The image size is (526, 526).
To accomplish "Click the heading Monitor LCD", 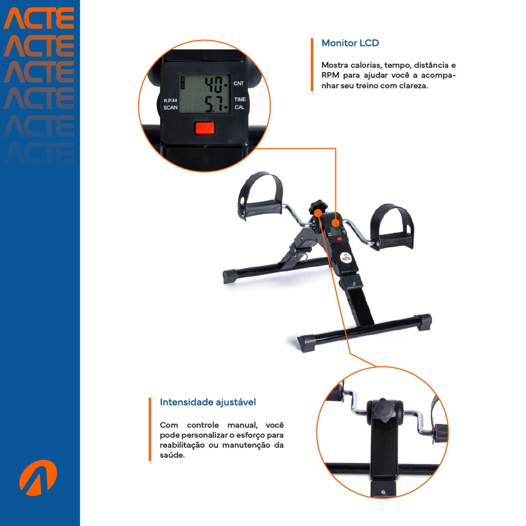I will coord(350,43).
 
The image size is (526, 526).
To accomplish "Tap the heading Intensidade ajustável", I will coord(208,402).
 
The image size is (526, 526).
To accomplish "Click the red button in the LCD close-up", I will coord(205,128).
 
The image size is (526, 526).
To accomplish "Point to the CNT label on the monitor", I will coord(239,84).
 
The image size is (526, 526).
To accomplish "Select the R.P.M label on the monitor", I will coord(170,100).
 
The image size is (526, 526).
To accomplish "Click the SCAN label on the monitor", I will coord(170,108).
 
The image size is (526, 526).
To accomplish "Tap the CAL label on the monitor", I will coord(239,107).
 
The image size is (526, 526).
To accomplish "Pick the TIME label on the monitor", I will coord(240,99).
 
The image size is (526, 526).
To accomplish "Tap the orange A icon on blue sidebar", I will coord(38,477).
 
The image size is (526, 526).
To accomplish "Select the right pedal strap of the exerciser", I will coord(392,227).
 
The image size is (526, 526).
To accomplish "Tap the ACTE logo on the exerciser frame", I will coord(345,257).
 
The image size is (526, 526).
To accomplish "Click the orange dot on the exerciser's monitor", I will coord(335,222).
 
